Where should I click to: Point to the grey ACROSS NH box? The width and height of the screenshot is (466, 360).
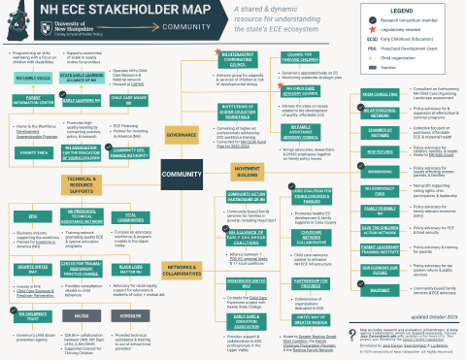[129, 315]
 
